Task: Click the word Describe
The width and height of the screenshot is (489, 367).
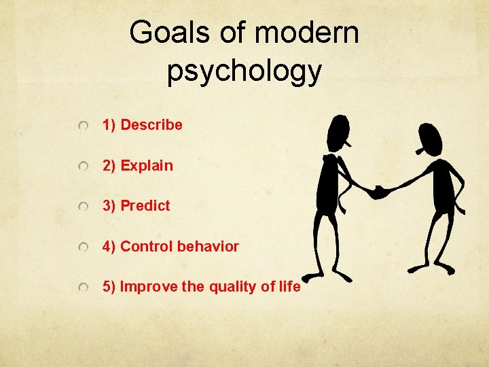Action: click(x=151, y=125)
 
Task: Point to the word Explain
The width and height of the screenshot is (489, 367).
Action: click(x=147, y=165)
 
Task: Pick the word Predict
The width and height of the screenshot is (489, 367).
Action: click(x=145, y=206)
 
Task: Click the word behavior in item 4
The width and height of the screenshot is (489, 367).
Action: click(x=208, y=247)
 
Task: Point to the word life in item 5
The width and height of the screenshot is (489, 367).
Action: click(x=289, y=287)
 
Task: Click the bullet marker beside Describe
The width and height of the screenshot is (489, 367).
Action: click(x=83, y=126)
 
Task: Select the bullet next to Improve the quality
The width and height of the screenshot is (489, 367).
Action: click(x=83, y=288)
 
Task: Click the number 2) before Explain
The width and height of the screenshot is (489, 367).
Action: click(x=109, y=165)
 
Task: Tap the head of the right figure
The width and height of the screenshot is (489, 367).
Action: click(x=431, y=139)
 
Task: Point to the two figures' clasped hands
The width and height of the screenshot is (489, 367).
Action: click(x=377, y=192)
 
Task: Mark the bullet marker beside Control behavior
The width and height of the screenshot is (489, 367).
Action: click(x=83, y=248)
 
